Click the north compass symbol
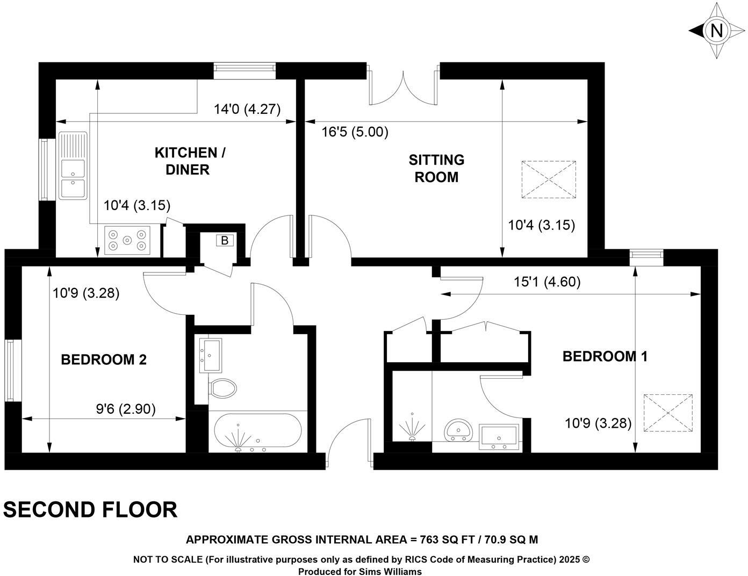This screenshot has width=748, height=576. (x=716, y=31)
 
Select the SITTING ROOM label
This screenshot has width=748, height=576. (x=436, y=168)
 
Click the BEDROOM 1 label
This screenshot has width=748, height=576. (x=605, y=356)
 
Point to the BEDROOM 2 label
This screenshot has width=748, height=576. (x=104, y=359)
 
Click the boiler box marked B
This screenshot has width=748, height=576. (x=224, y=241)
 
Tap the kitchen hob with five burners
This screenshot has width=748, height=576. (x=127, y=240)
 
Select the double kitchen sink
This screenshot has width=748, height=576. (x=73, y=165)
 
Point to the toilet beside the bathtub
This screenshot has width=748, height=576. (x=222, y=388)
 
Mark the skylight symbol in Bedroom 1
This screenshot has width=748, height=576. (x=668, y=413)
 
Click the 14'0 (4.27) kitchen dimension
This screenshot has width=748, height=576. (x=247, y=110)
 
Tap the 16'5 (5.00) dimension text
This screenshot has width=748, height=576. (x=355, y=132)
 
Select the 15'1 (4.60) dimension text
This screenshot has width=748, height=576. (x=547, y=282)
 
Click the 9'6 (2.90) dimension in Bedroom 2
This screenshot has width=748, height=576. (x=126, y=409)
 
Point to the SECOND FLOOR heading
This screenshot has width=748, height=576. (x=90, y=509)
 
